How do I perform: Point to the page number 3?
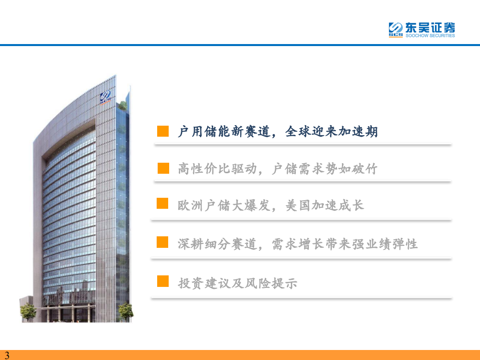7,355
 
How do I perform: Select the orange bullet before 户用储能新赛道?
163,131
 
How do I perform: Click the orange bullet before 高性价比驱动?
163,168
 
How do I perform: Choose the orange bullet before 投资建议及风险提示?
163,281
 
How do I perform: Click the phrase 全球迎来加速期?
331,132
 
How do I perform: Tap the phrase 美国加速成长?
324,205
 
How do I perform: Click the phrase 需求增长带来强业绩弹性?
345,244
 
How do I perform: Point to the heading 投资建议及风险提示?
238,283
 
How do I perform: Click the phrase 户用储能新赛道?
224,132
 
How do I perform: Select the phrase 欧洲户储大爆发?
224,205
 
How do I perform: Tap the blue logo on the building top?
107,96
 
